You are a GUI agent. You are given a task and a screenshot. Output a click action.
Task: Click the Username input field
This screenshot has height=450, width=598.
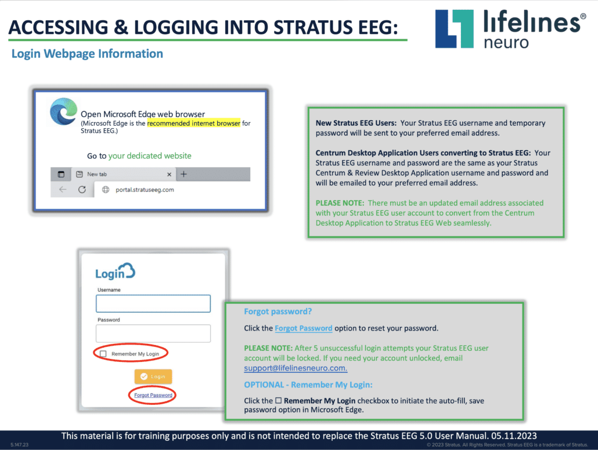[153, 303]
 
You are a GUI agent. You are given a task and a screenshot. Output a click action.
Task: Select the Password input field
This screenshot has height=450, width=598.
[153, 333]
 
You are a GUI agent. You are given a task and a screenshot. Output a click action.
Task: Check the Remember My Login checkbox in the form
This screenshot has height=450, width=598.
[103, 354]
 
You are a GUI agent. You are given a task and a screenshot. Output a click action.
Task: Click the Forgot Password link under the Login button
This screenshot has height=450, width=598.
[153, 395]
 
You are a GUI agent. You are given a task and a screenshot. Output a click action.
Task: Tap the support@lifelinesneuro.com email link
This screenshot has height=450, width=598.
[296, 368]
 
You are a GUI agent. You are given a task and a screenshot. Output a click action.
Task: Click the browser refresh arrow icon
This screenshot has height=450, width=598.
[82, 190]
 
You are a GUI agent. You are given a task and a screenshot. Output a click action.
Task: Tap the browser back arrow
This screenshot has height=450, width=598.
[63, 190]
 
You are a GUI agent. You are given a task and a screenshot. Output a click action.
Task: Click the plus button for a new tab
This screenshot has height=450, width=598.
[183, 174]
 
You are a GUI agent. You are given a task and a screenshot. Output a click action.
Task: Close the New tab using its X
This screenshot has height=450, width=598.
[170, 174]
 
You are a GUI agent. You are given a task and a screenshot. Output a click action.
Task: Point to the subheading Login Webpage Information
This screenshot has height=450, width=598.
[87, 54]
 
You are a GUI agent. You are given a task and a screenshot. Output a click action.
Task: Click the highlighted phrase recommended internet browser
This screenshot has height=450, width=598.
[193, 124]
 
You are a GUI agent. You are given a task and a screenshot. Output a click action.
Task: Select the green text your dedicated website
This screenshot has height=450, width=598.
[150, 156]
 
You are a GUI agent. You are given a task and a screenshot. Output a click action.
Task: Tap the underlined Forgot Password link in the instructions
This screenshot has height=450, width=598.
[304, 328]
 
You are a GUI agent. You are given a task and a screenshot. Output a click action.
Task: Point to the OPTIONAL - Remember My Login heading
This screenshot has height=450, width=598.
[308, 384]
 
